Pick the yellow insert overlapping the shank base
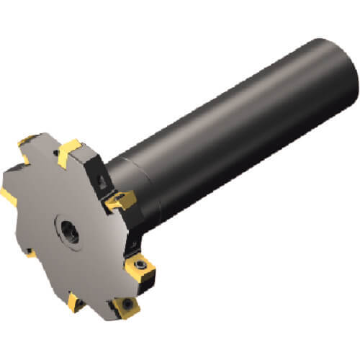[120, 200]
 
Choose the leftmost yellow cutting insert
[10, 194]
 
